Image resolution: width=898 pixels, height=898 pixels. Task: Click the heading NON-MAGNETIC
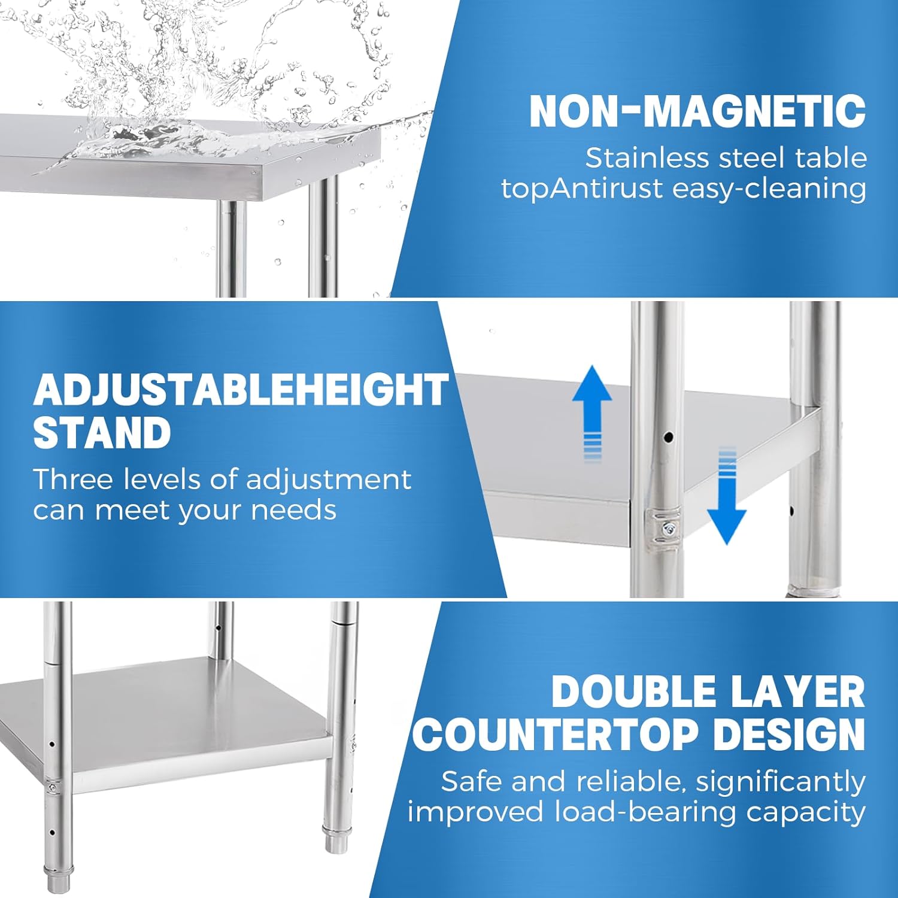pos(697,111)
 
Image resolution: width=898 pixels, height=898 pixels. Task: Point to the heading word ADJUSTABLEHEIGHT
pos(241,390)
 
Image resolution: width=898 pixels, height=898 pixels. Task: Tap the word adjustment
pos(329,480)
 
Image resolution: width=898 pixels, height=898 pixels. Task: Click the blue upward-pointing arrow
pos(592,413)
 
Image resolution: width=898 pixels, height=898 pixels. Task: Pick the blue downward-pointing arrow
pos(727,496)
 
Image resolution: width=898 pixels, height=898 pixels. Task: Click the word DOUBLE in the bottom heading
pos(633,692)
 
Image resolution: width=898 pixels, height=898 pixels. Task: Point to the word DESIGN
pos(790,735)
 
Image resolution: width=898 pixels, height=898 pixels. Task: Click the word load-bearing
pos(645,812)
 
